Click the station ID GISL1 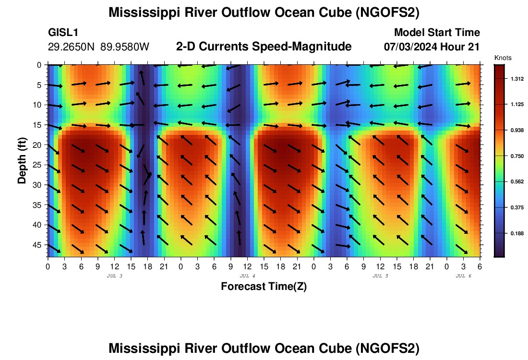(63, 33)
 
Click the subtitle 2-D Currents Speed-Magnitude (264, 47)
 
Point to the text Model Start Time (437, 33)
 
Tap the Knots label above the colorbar (503, 58)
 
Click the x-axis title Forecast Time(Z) (264, 287)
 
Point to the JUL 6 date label (463, 276)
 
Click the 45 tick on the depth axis (38, 245)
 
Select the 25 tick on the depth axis (38, 165)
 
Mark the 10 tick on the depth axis (38, 105)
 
